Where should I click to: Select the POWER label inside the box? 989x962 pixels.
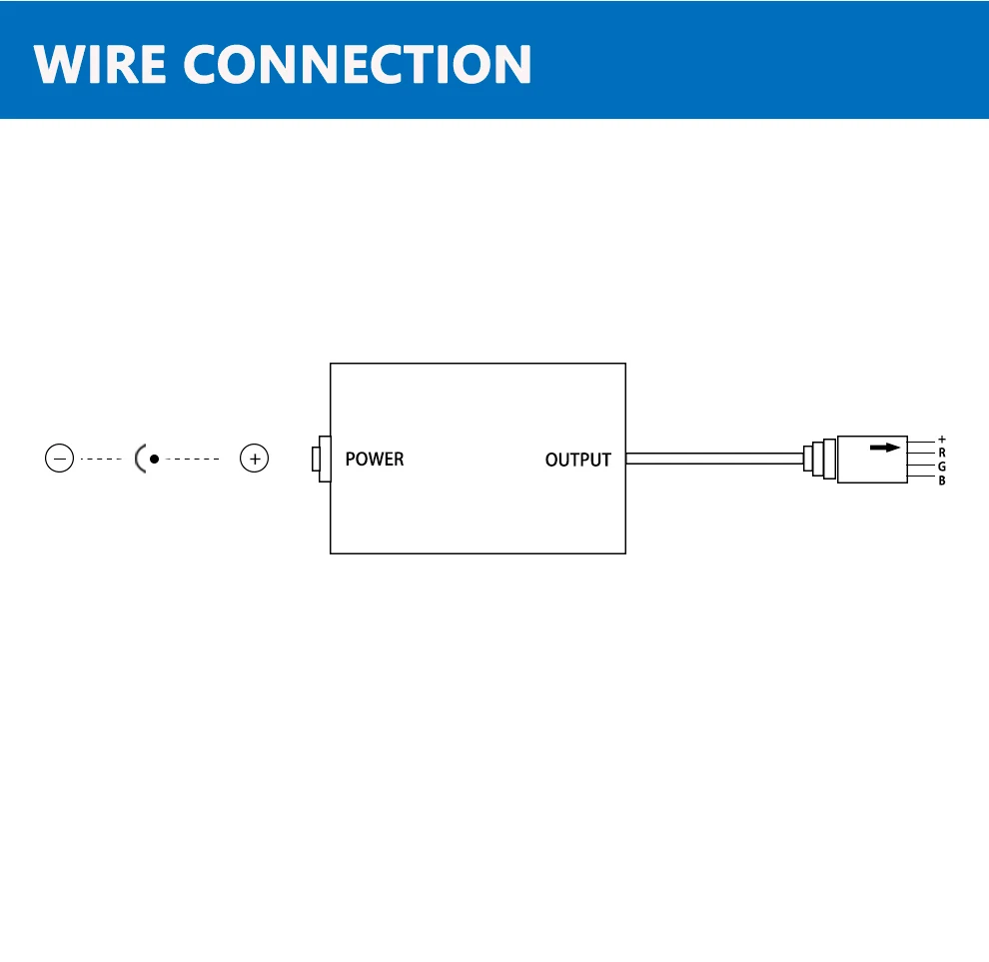click(x=375, y=460)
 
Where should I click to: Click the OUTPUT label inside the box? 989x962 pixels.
click(x=577, y=461)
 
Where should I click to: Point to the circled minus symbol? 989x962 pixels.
click(x=60, y=459)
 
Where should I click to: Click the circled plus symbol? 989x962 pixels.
click(x=255, y=459)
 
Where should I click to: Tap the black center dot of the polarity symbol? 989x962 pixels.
click(x=154, y=459)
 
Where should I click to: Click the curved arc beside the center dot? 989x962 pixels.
click(x=140, y=459)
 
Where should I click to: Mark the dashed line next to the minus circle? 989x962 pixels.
click(x=100, y=459)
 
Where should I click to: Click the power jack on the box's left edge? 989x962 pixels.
click(x=322, y=460)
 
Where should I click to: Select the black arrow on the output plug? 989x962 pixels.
click(x=884, y=449)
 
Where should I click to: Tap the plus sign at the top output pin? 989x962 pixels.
click(x=941, y=440)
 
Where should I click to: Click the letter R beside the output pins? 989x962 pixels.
click(x=941, y=453)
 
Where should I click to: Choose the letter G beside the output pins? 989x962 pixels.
click(x=941, y=467)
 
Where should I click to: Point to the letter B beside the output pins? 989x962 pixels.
click(x=941, y=481)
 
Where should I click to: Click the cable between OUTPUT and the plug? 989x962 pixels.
click(x=714, y=460)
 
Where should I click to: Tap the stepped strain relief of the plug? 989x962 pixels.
click(x=820, y=460)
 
